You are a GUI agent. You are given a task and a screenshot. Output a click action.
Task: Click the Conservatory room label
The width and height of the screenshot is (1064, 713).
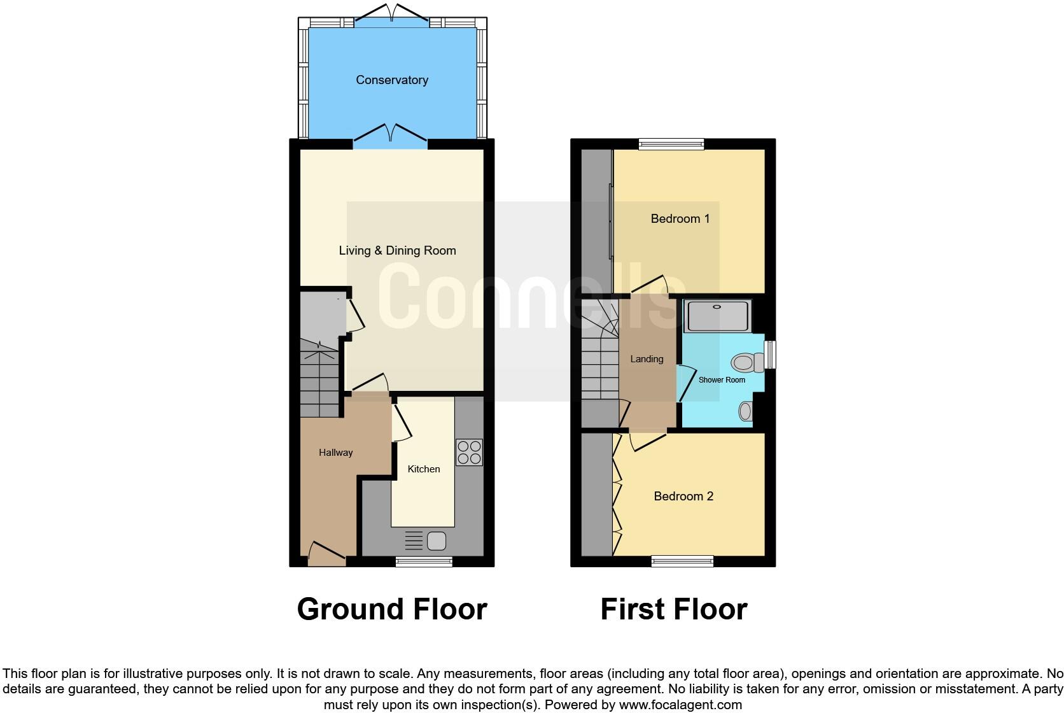point(391,80)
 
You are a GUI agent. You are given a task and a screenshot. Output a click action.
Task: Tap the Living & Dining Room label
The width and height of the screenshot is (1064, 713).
point(397,251)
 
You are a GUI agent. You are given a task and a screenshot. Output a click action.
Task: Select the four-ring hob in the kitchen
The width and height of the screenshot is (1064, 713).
point(469,452)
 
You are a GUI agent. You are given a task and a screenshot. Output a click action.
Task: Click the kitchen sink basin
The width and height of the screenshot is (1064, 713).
point(437,541)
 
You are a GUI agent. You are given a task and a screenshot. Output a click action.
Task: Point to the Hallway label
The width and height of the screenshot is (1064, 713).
point(335,453)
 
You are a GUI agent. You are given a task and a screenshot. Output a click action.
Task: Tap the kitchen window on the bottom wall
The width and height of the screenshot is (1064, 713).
point(424,561)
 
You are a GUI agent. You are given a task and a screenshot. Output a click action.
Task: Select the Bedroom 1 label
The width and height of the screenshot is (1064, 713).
point(680,219)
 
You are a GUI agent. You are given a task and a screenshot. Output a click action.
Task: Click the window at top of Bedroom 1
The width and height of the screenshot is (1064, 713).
point(671,145)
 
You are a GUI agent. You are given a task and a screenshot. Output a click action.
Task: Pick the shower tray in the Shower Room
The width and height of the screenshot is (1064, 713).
point(717,316)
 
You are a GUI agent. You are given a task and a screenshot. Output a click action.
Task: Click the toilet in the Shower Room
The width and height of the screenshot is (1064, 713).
point(746,364)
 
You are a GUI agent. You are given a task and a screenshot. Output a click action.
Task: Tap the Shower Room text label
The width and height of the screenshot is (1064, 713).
point(722,380)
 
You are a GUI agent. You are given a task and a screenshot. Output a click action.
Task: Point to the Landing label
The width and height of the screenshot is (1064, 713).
point(647,359)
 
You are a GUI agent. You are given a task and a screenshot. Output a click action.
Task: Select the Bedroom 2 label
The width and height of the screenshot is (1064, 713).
point(683,497)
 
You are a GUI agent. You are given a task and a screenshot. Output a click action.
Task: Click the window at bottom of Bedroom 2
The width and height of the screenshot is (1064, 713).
point(682,561)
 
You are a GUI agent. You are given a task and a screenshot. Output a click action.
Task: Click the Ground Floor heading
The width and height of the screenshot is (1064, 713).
point(392,609)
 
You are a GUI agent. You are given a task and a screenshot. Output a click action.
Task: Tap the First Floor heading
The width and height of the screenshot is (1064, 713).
point(673,609)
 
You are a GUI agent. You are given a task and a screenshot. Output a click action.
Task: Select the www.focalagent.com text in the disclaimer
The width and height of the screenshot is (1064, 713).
point(680,705)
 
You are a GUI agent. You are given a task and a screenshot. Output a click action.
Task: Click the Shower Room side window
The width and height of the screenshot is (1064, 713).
point(770,355)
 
